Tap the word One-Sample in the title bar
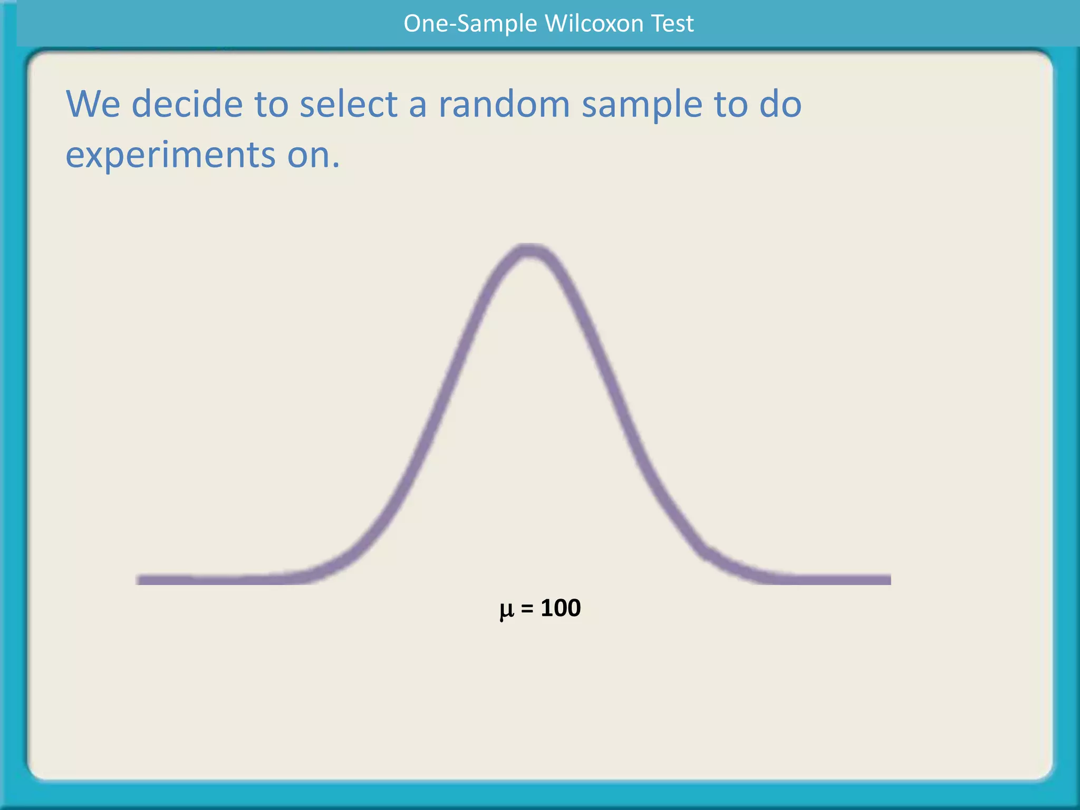pos(470,24)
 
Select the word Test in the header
pos(672,24)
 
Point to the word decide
pos(187,104)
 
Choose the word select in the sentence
pos(349,104)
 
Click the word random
pos(504,104)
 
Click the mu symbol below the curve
pos(506,610)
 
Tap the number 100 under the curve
pos(561,608)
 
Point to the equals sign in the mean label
pos(527,609)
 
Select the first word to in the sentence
pos(271,104)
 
